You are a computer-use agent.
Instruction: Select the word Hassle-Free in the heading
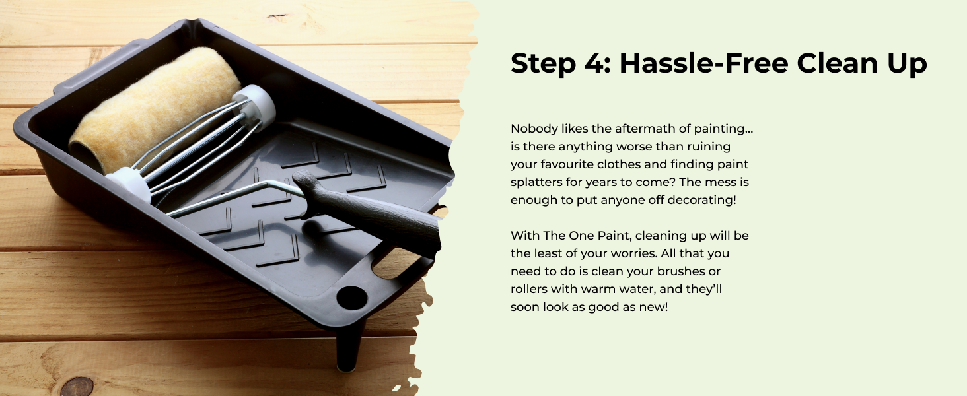701,64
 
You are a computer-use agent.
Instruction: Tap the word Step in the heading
543,64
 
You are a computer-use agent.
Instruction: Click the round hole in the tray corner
351,298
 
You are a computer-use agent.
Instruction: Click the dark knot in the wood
77,387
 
